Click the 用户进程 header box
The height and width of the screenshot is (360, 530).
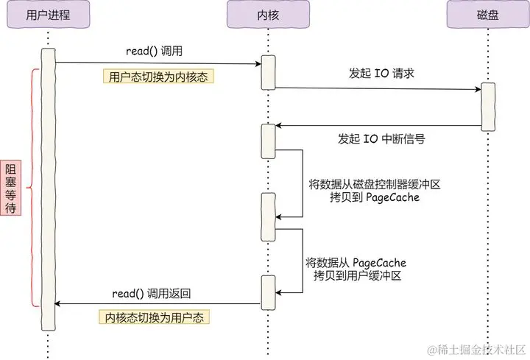click(47, 15)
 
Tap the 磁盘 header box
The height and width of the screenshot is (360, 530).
click(487, 15)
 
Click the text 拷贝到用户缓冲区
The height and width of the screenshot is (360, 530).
click(356, 275)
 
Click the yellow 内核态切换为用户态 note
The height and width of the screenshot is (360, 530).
click(155, 317)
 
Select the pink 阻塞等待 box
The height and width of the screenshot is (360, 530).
click(11, 188)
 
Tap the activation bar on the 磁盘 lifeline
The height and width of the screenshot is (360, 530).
click(487, 107)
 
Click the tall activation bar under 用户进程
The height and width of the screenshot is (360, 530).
click(48, 189)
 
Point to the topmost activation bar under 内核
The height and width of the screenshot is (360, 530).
click(267, 72)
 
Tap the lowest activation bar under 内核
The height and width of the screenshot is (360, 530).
click(267, 293)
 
